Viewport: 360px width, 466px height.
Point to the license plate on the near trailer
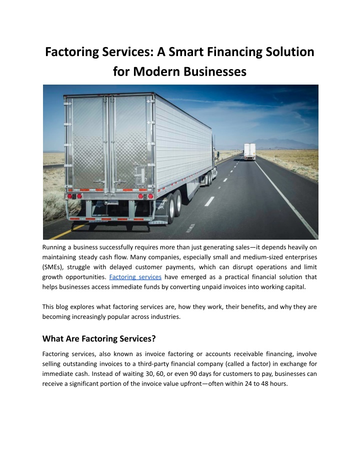click(113, 203)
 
